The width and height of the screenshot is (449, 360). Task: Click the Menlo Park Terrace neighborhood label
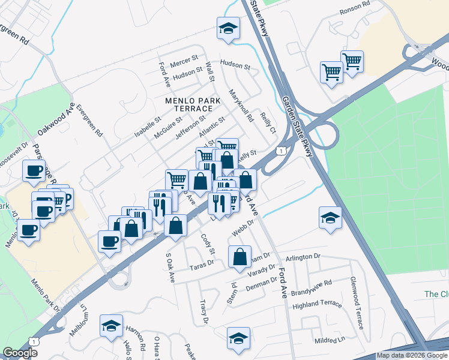(x=185, y=104)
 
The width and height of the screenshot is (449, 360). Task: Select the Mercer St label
(x=184, y=62)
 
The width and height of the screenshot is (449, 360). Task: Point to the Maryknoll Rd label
(x=241, y=106)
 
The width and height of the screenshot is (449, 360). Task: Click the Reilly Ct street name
(x=267, y=123)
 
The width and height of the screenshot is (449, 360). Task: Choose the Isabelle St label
(x=148, y=126)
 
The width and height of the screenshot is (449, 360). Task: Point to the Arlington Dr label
(x=304, y=257)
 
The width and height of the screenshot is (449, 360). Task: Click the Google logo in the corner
(x=20, y=353)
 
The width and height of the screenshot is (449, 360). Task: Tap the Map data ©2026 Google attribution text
(x=412, y=355)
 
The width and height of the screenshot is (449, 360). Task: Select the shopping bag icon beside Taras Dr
(x=240, y=256)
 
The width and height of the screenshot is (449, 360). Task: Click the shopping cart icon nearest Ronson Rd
(x=352, y=60)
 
